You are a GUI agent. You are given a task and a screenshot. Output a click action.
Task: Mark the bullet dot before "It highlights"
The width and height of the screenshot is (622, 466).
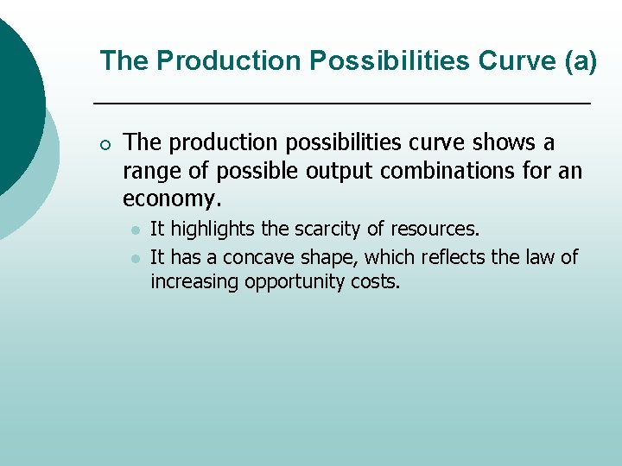135,230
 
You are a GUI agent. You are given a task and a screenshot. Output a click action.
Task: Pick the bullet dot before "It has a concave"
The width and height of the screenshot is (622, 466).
135,258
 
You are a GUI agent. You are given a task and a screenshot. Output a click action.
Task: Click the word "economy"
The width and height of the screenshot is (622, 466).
169,199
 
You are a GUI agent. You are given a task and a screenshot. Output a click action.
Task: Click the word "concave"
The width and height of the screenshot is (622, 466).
259,257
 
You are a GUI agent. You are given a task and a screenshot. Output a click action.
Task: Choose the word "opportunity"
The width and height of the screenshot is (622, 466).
298,282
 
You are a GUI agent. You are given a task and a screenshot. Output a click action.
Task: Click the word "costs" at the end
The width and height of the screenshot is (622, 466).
377,282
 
